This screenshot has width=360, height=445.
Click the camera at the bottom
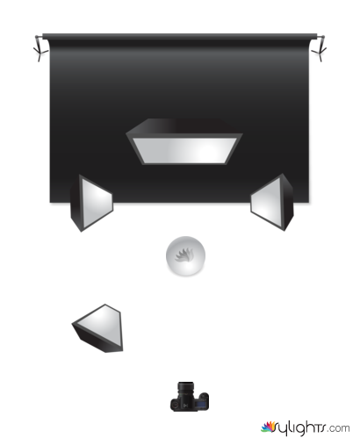[x=190, y=397]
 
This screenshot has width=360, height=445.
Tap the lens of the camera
[x=185, y=389]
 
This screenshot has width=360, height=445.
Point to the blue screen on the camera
[x=201, y=405]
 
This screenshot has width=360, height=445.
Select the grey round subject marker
[x=185, y=256]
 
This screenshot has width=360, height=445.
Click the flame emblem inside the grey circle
[x=184, y=255]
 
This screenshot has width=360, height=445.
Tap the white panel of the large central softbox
[x=184, y=150]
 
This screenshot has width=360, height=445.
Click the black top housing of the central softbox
[x=184, y=126]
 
